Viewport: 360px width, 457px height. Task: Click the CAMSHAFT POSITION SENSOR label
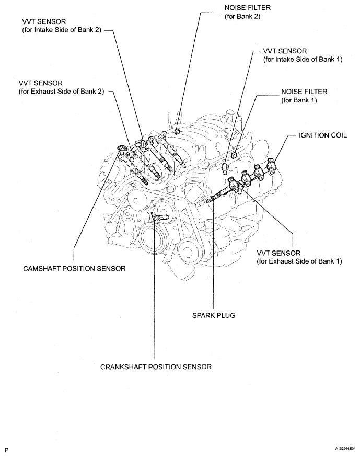click(x=75, y=268)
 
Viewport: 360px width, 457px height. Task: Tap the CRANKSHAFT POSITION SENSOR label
click(x=156, y=367)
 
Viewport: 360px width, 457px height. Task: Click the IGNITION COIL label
click(x=322, y=134)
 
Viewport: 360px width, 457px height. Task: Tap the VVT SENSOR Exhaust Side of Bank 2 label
click(x=61, y=87)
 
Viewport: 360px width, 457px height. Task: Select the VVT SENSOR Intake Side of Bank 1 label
click(x=303, y=55)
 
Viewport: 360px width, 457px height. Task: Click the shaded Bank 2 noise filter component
click(x=177, y=131)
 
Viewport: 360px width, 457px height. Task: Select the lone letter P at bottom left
click(x=7, y=449)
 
